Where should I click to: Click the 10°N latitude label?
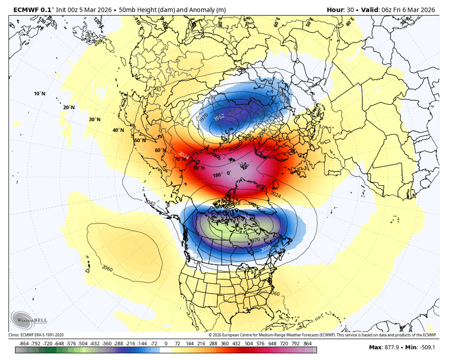[40, 93]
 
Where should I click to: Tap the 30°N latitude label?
[95, 120]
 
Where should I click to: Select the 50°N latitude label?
[140, 140]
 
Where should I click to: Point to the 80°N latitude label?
[199, 168]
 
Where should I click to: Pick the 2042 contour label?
[150, 204]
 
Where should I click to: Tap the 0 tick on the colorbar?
[166, 343]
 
